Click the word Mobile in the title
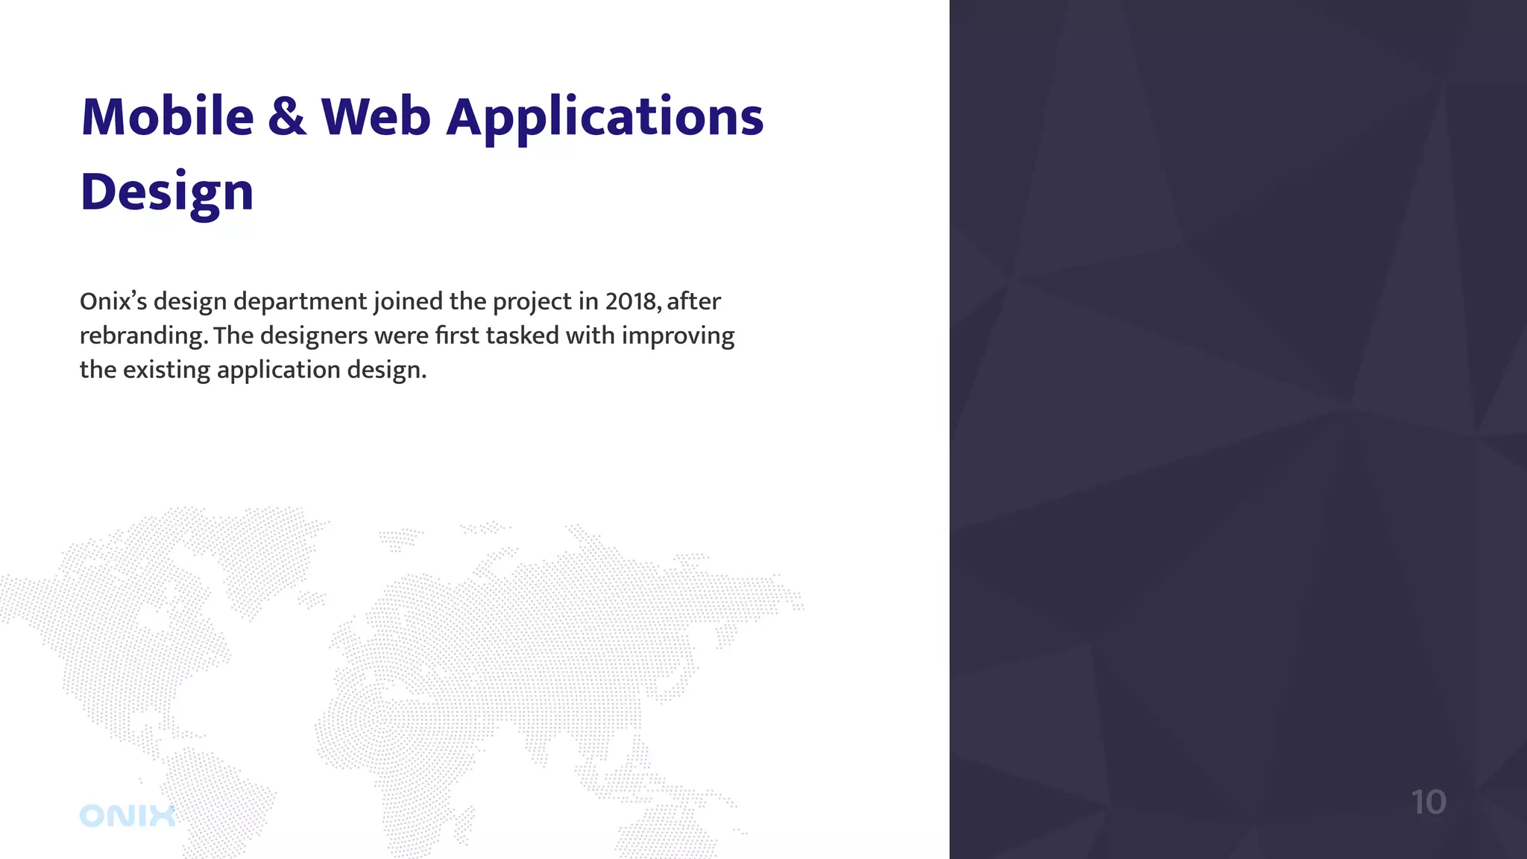coord(167,117)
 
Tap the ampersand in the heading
coord(287,117)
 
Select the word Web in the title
coord(376,117)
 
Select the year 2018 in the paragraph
coord(631,301)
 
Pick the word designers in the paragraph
coord(313,336)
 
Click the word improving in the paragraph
coord(678,336)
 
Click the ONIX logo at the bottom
coord(127,816)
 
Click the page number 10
coord(1428,802)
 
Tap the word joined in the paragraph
coord(408,302)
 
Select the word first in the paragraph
coord(456,336)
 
